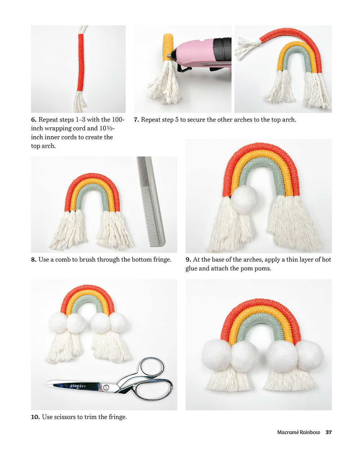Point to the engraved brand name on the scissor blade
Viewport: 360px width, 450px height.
click(x=78, y=386)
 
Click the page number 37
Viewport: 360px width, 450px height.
click(x=328, y=432)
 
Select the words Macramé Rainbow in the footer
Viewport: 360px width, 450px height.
click(x=298, y=432)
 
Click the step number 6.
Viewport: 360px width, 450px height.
click(x=34, y=120)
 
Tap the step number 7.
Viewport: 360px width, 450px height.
click(x=136, y=120)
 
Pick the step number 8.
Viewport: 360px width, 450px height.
click(x=34, y=260)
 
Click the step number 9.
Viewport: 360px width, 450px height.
click(x=188, y=260)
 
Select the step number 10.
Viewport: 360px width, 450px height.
click(x=35, y=417)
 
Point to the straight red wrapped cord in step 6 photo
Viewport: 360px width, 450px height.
click(x=81, y=62)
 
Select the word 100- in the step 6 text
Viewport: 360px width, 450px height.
click(x=118, y=120)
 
